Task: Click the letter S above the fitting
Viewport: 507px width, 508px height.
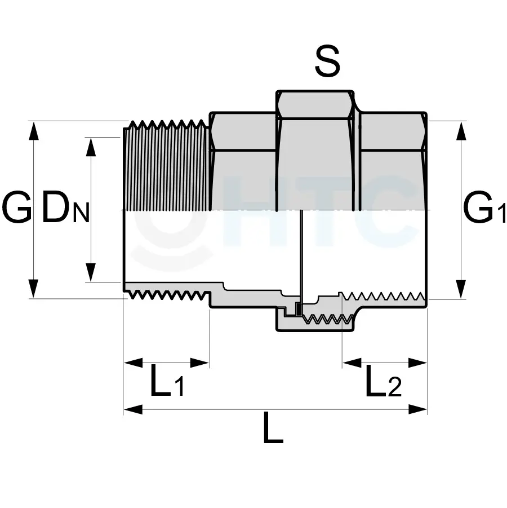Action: coord(327,62)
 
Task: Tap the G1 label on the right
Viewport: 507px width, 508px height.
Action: coord(483,208)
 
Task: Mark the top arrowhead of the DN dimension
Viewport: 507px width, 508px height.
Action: coord(90,145)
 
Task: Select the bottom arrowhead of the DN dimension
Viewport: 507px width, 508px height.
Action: coord(90,273)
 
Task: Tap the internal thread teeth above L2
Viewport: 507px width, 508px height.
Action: coord(383,296)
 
